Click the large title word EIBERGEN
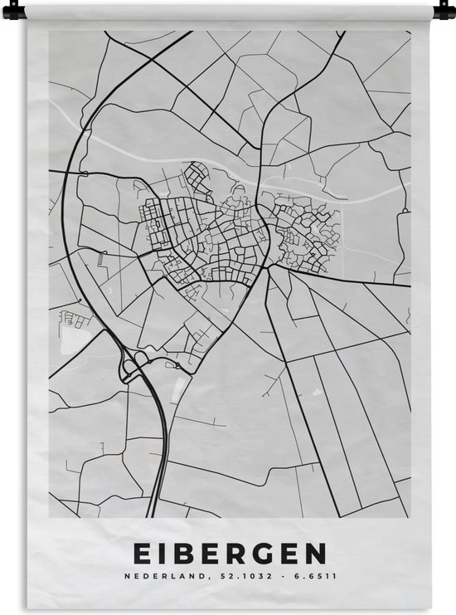point(228,554)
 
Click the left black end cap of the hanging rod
point(13,11)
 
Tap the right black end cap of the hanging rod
point(443,11)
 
